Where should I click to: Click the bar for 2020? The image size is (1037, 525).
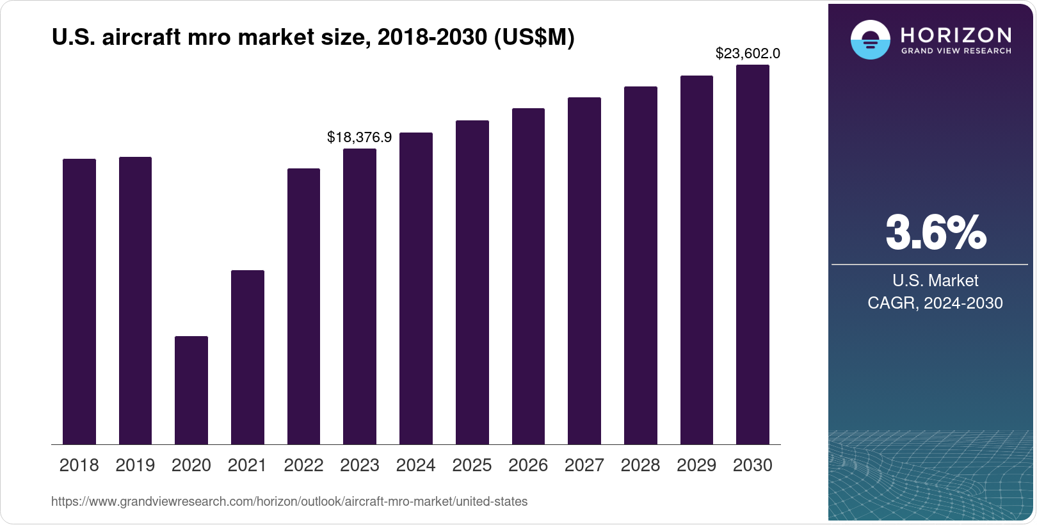(191, 390)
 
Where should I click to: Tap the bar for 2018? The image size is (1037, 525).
(79, 302)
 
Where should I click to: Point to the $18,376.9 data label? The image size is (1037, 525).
(359, 137)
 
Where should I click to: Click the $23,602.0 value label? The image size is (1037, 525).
(747, 54)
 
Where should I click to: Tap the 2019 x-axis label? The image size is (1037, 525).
(135, 465)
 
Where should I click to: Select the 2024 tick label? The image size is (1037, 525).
(415, 465)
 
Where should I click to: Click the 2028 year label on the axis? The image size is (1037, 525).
(640, 465)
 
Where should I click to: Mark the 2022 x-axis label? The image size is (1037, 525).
(303, 465)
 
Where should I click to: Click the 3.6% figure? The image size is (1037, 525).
(935, 233)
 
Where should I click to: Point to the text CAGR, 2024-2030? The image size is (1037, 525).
(935, 303)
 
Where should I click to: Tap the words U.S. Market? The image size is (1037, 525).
(935, 280)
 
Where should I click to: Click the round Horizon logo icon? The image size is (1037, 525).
(870, 40)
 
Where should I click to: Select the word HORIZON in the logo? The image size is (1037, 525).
(956, 35)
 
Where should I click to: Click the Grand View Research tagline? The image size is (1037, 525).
(956, 51)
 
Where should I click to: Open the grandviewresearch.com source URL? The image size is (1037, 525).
(289, 501)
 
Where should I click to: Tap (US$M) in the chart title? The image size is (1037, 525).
(534, 38)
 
